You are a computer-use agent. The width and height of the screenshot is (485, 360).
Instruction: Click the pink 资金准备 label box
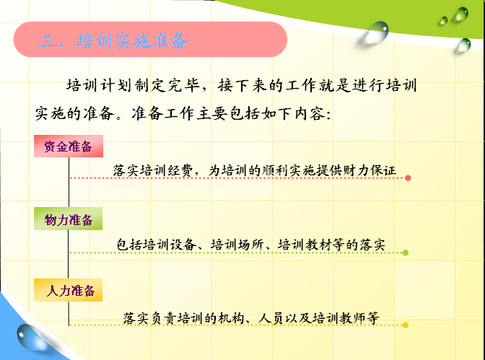[69, 146]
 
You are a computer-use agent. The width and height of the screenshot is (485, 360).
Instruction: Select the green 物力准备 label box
[68, 219]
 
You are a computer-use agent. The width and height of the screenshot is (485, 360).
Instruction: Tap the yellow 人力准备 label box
[68, 290]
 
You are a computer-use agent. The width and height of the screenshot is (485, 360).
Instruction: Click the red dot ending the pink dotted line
[408, 177]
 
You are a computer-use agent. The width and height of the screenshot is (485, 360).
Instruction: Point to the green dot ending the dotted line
[406, 253]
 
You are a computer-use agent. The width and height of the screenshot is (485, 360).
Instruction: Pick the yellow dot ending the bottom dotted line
[406, 325]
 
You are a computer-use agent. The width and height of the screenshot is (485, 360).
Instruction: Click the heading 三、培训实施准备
[114, 41]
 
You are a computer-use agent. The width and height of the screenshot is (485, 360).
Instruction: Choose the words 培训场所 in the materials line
[237, 245]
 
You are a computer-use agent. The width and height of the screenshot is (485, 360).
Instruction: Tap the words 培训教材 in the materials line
[304, 245]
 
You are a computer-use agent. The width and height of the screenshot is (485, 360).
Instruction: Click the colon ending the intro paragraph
[328, 115]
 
